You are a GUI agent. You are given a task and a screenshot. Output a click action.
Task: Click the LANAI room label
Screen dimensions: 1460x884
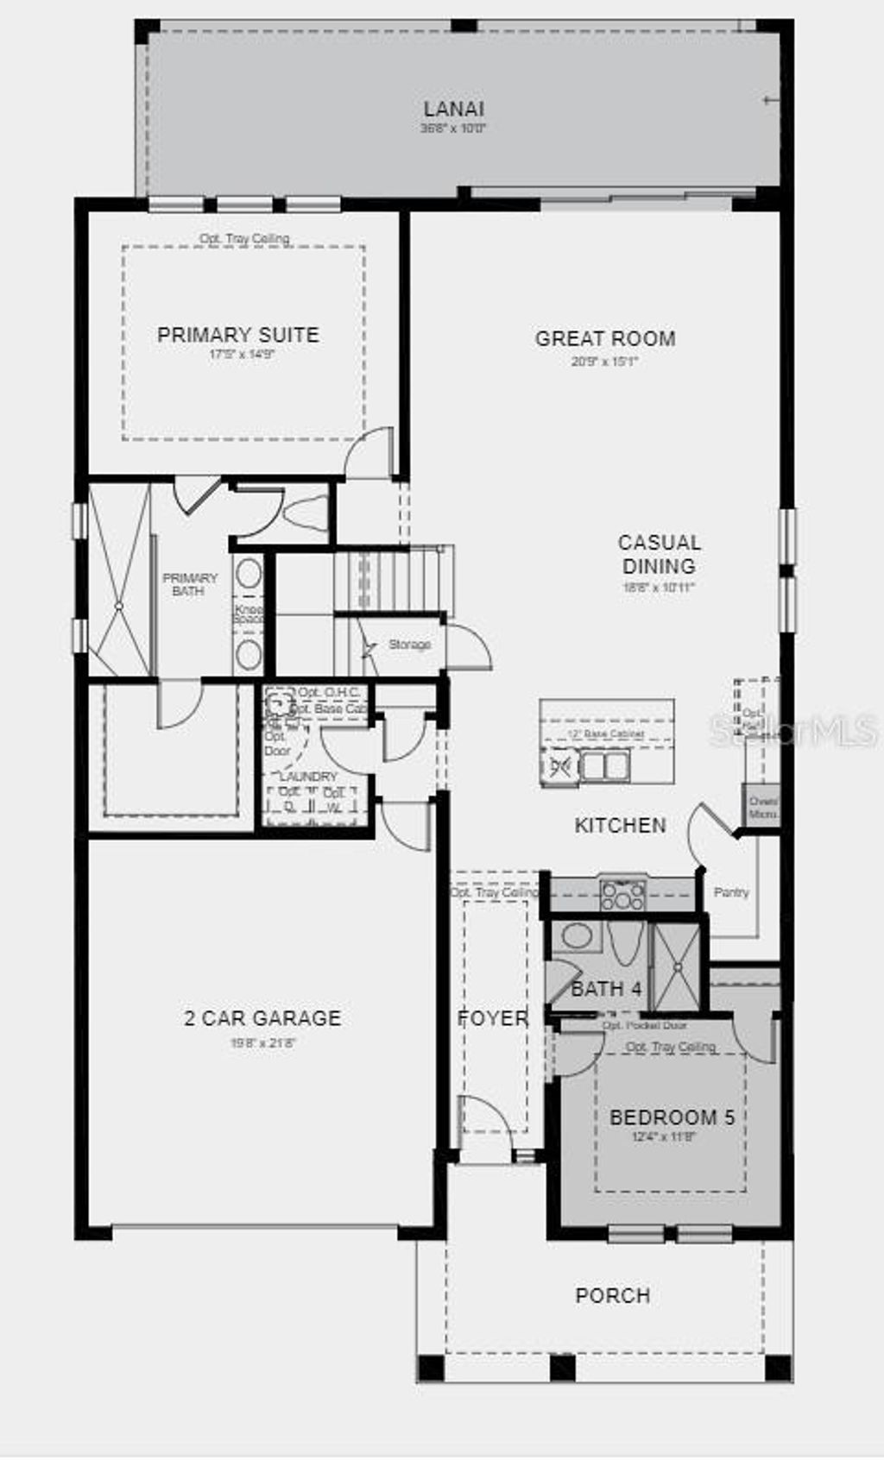[x=453, y=109]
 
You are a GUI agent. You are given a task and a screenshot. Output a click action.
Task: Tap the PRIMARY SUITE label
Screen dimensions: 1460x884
[x=237, y=335]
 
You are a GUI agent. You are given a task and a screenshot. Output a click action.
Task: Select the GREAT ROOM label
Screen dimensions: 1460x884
[x=605, y=338]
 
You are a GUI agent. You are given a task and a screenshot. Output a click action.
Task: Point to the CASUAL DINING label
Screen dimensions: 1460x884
[x=659, y=554]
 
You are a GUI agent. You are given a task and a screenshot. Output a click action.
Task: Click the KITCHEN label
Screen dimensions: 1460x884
[x=620, y=825]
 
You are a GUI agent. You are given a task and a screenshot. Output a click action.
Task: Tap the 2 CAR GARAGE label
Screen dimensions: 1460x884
[x=262, y=1018]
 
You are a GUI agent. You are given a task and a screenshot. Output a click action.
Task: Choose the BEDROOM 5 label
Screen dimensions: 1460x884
[x=672, y=1117]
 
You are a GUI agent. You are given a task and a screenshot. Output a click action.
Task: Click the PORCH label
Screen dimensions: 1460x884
[x=613, y=1295]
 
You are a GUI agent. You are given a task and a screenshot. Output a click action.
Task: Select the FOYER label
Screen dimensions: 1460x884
[x=492, y=1018]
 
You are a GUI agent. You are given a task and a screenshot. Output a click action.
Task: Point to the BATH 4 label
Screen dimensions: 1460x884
[x=606, y=989]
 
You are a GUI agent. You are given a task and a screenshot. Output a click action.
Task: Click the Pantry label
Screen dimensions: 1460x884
[x=731, y=892]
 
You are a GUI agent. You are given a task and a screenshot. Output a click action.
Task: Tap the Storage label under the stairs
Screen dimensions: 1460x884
[x=409, y=645]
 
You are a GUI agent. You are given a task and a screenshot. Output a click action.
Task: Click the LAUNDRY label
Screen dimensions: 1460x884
[x=308, y=777]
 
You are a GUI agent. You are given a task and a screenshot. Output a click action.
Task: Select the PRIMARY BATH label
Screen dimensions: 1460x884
[x=189, y=584]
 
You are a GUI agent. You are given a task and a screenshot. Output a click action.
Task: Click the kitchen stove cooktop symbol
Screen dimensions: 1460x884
[x=622, y=895]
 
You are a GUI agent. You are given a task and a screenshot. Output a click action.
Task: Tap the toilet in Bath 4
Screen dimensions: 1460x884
[x=623, y=942]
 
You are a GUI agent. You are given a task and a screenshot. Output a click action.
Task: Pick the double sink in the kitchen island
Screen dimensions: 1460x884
[x=604, y=765]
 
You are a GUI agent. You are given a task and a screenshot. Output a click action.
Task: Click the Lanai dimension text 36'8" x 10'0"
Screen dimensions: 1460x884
[x=453, y=129]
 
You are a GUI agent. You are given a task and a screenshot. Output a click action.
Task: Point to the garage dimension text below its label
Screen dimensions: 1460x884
[x=262, y=1042]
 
